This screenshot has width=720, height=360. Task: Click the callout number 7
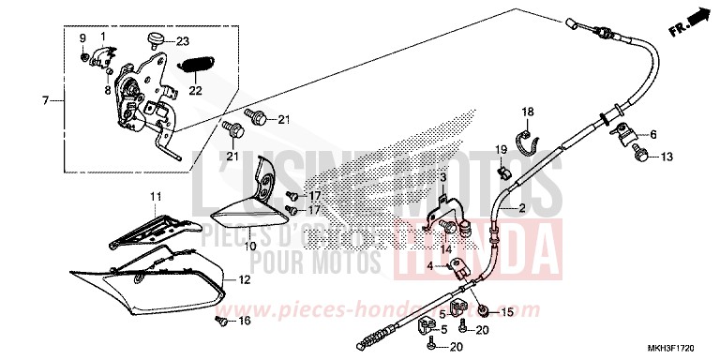[44, 98]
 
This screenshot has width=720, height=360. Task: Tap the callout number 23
[182, 41]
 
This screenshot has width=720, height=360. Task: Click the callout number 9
[83, 38]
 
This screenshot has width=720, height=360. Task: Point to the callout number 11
[156, 195]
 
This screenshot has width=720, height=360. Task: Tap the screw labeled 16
[221, 321]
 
